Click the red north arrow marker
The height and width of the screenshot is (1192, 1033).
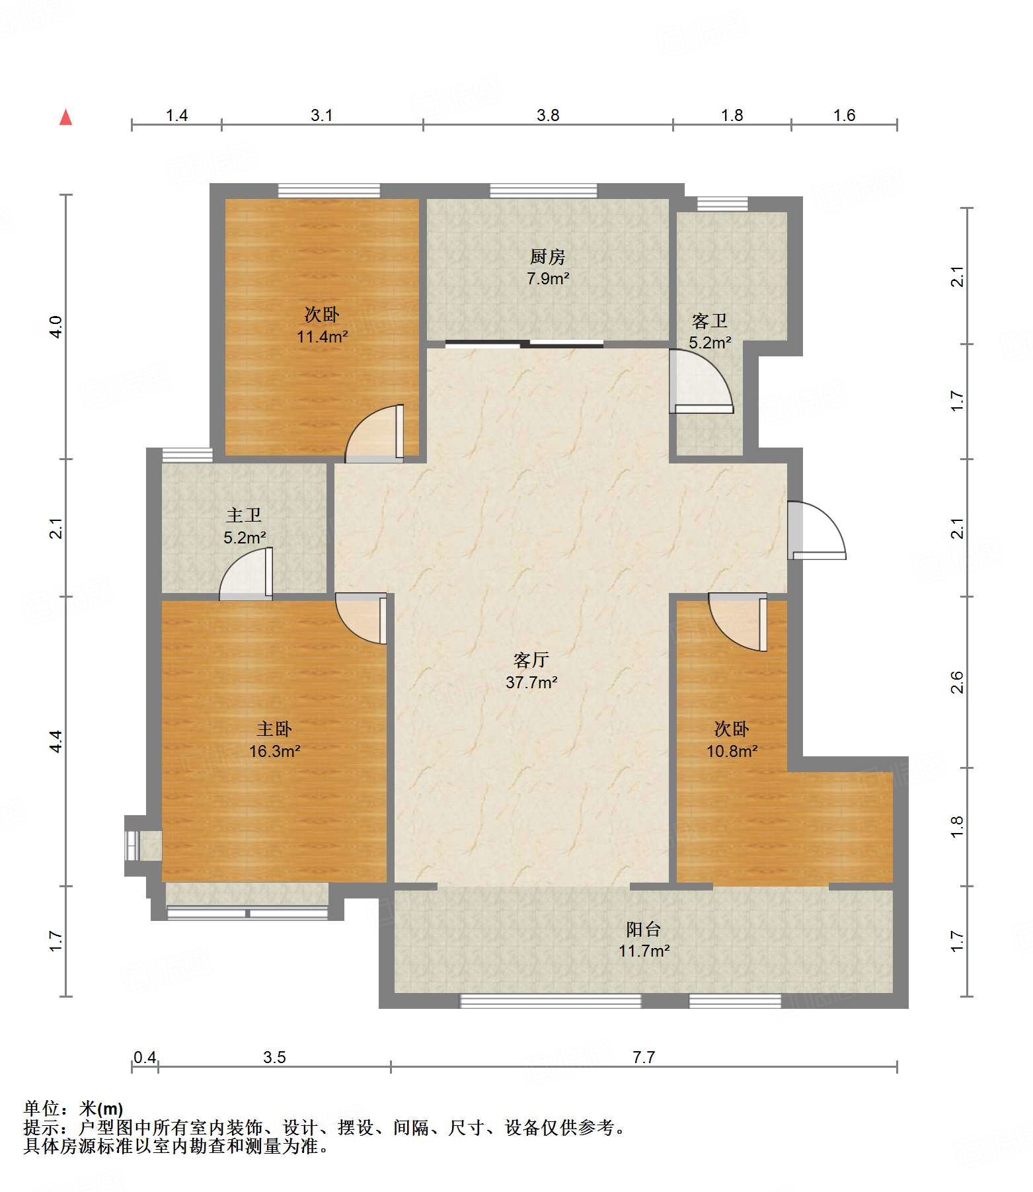click(65, 117)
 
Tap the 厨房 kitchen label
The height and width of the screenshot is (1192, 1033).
click(548, 257)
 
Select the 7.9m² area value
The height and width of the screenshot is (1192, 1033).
click(548, 279)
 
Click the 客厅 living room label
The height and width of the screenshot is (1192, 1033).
click(531, 660)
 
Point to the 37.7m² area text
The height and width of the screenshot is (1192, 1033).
click(531, 682)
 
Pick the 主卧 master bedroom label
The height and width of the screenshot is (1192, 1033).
click(274, 729)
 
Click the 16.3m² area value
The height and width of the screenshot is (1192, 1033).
click(274, 751)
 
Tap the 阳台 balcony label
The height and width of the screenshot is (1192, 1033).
click(644, 929)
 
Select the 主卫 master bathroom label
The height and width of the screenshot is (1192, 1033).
click(244, 515)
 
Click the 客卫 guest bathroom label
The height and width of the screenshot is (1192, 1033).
click(710, 321)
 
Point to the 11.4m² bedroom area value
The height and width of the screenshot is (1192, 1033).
click(322, 337)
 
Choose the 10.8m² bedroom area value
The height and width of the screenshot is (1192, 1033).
click(732, 751)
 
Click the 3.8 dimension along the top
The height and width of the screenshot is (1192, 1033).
click(548, 116)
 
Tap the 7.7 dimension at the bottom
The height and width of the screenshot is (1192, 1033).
click(644, 1057)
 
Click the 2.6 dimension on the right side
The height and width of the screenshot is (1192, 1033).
click(957, 682)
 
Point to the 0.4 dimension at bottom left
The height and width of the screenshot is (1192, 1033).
click(145, 1057)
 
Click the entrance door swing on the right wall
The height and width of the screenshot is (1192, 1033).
click(816, 530)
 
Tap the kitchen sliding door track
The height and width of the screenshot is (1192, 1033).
click(524, 344)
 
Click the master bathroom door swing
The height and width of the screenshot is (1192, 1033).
click(246, 574)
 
